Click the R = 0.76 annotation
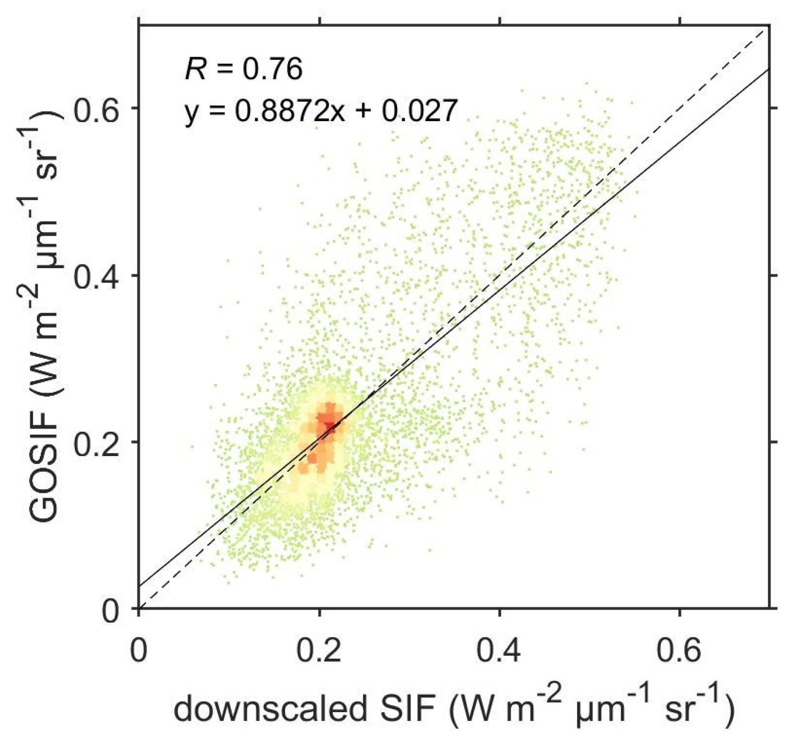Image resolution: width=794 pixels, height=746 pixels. coord(244,69)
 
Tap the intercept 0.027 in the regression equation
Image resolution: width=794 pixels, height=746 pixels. coord(419,111)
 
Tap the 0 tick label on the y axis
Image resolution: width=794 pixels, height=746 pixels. coord(111,610)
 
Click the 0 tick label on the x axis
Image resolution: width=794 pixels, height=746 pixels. coord(139,650)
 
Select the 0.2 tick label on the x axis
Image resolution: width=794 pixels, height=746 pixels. coord(319,650)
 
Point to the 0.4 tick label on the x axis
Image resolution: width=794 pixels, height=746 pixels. coord(499,650)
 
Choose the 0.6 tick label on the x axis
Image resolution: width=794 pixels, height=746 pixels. coord(679,650)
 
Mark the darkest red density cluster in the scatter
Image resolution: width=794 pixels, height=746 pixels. coord(329,424)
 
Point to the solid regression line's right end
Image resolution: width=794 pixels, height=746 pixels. coord(769,69)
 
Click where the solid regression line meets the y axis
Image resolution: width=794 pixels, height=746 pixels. coord(140,585)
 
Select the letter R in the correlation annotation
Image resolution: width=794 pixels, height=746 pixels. coord(195,69)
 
